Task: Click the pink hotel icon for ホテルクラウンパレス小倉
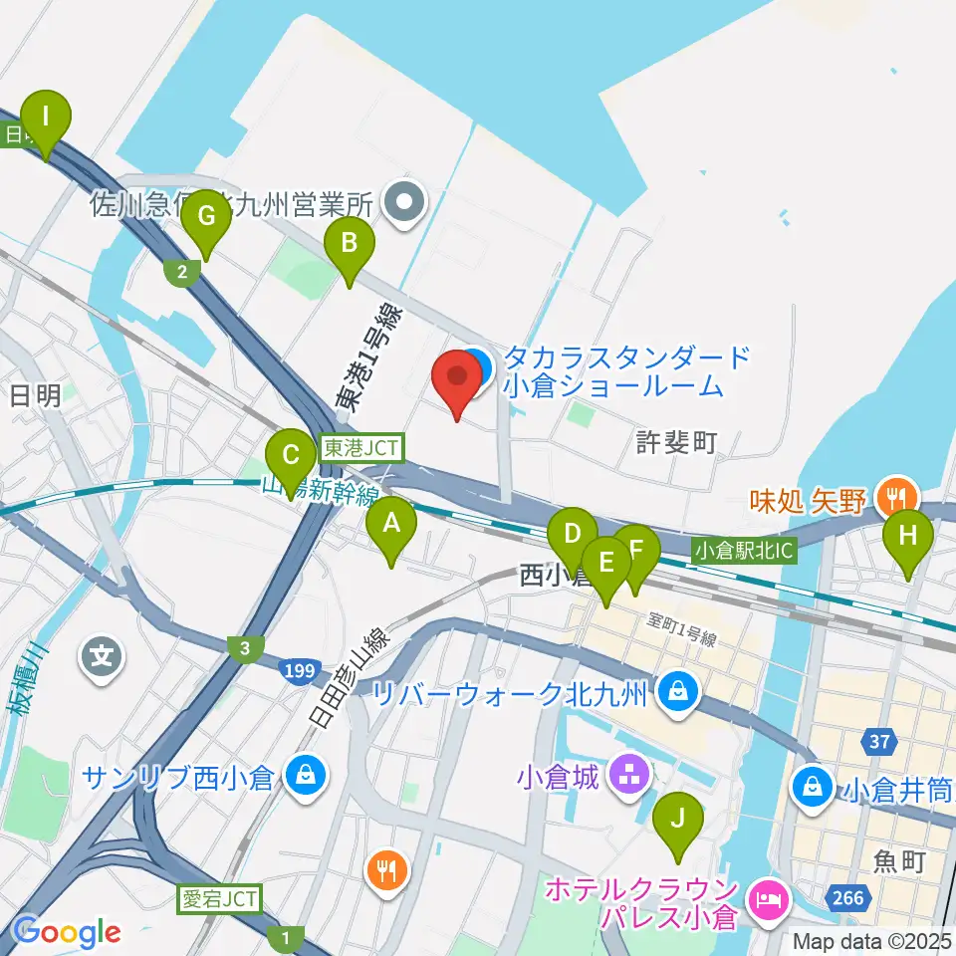click(x=768, y=899)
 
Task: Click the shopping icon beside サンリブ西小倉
click(x=302, y=776)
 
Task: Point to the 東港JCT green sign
click(x=360, y=449)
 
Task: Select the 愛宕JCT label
click(x=219, y=899)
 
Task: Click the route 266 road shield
click(x=848, y=898)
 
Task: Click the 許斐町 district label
click(x=676, y=442)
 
